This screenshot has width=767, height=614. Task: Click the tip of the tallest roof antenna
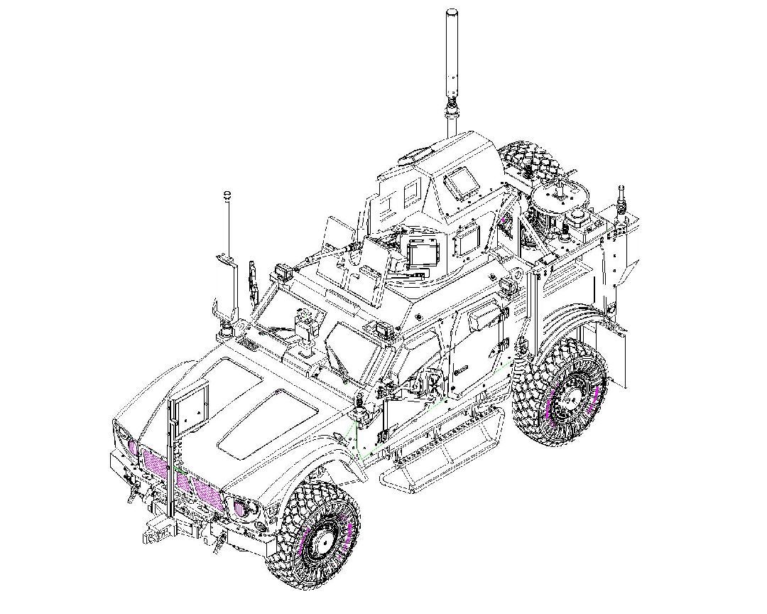(452, 12)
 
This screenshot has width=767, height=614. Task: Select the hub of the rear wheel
(569, 402)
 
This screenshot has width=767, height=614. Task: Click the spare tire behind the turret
(533, 167)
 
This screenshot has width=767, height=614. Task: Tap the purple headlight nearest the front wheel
(241, 507)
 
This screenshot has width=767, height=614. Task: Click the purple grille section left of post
(153, 462)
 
